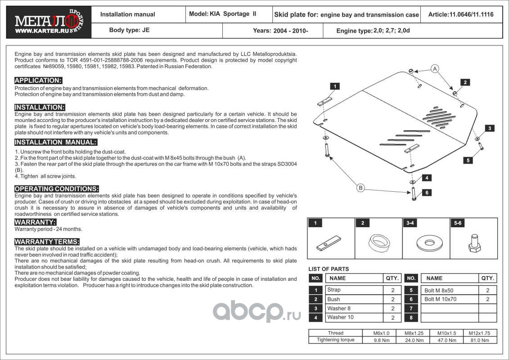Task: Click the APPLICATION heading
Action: point(38,81)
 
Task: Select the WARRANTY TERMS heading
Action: point(47,242)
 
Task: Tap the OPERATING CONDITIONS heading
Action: point(57,189)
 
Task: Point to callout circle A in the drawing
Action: point(434,69)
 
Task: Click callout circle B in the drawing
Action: point(360,188)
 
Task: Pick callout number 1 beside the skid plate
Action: point(335,86)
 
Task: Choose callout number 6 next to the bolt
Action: point(426,193)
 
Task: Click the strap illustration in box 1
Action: point(328,243)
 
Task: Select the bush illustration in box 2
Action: point(378,243)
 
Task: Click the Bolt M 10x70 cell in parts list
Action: point(441,299)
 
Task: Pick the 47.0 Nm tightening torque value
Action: point(447,340)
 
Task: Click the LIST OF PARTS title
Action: point(329,269)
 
